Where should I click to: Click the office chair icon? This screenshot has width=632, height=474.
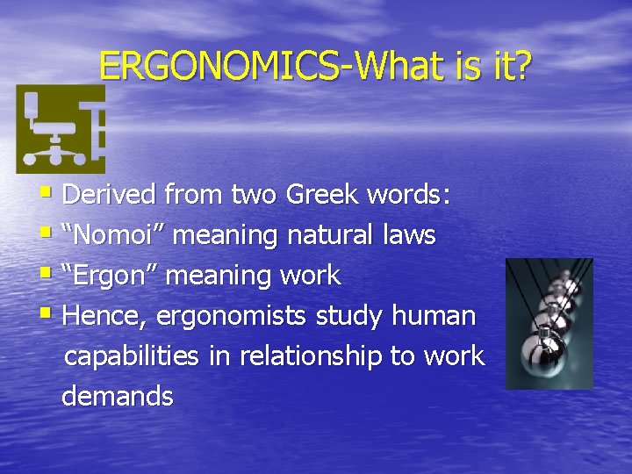(x=60, y=129)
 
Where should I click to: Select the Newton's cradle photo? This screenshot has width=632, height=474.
(x=549, y=323)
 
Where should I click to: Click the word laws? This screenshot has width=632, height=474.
(x=409, y=234)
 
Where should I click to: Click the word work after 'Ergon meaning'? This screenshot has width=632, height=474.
(x=310, y=275)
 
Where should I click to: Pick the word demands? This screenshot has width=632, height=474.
(x=118, y=396)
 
